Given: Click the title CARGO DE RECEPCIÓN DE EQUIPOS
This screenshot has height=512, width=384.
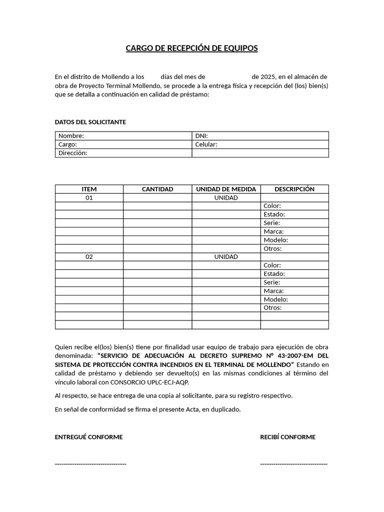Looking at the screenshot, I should point(191,48).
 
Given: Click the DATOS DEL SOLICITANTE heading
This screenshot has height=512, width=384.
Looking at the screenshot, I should point(90,122).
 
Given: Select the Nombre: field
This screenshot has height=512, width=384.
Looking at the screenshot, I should point(123,136).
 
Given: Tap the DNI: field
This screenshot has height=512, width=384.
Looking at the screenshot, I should point(260,136).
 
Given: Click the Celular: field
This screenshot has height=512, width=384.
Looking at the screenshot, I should point(260,144).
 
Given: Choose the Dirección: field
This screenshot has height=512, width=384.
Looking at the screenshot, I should point(123,153).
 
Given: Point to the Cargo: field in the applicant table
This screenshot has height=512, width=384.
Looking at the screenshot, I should point(123,144).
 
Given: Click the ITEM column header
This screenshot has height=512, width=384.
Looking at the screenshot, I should point(89,189).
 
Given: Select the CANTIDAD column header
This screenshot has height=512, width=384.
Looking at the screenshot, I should point(157,189).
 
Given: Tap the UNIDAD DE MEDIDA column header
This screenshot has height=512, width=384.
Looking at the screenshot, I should point(226,189).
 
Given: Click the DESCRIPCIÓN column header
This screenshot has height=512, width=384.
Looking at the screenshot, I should point(294,189).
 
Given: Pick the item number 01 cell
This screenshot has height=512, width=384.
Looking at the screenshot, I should point(89,197).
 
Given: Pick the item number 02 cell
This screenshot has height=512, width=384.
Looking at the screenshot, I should point(89,256).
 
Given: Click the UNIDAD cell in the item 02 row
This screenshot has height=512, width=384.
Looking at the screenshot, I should point(226,256).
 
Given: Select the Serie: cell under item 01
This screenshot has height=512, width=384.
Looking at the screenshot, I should point(294,223).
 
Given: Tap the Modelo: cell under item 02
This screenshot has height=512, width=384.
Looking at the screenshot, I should point(294,299).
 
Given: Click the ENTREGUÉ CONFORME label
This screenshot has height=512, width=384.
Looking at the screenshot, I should point(88,437).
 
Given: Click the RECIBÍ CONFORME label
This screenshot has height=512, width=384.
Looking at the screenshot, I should point(287,437).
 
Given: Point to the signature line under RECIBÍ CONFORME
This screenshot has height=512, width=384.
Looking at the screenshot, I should point(293,464).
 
